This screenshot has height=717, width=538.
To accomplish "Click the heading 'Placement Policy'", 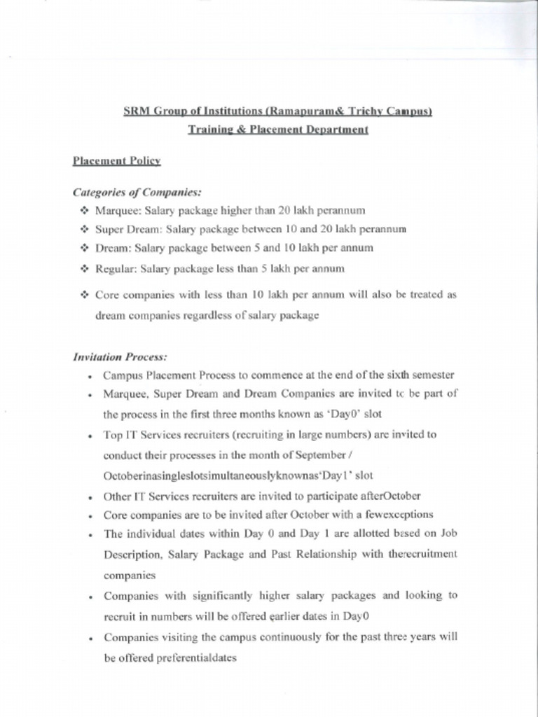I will [x=117, y=161].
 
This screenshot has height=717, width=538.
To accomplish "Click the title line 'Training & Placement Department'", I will [x=278, y=130].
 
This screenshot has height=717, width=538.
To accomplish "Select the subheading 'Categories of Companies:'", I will [x=137, y=191].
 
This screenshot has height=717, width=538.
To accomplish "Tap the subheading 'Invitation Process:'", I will [x=116, y=357].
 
